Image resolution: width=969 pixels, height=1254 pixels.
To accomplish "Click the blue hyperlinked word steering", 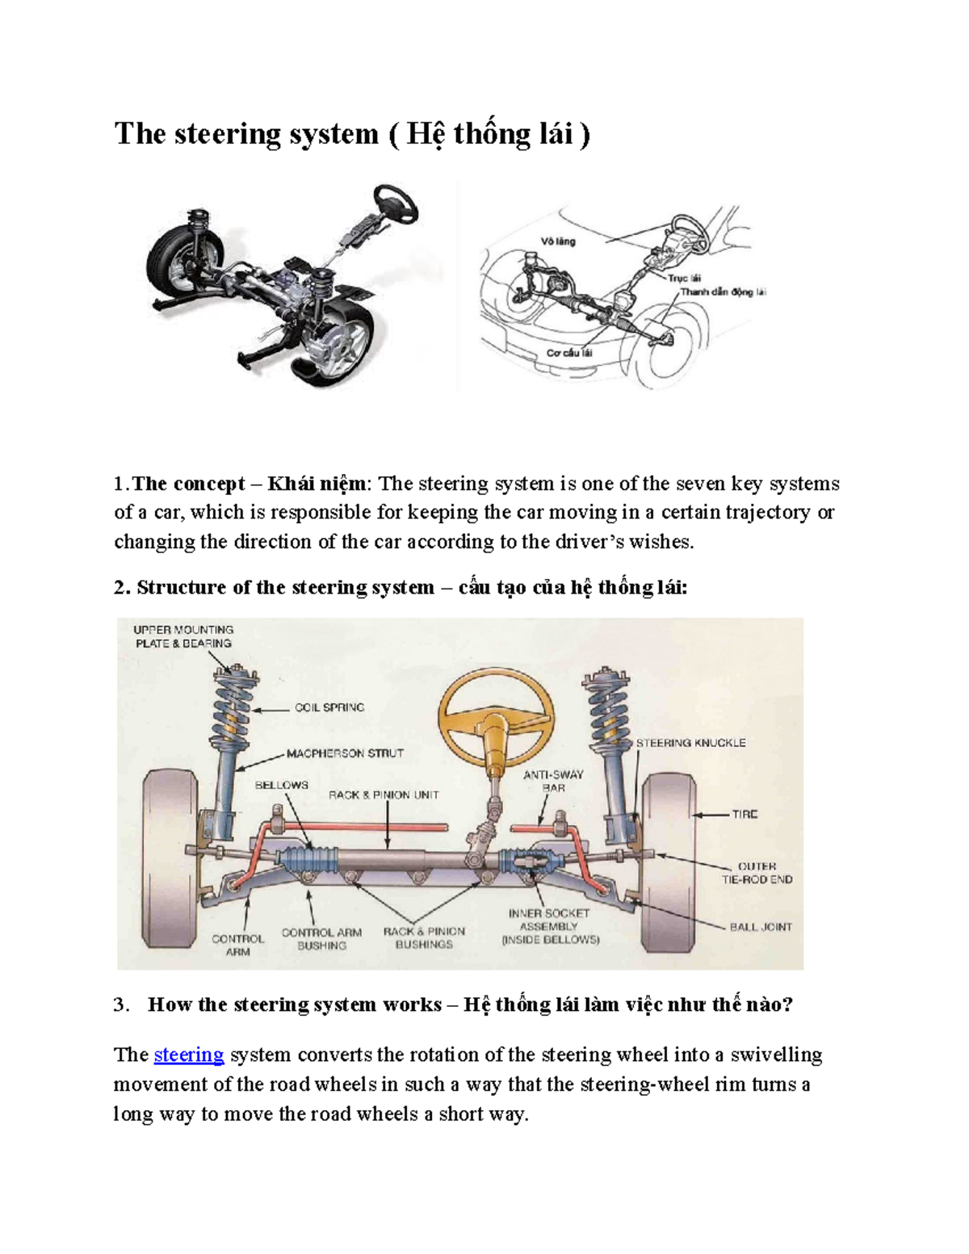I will [188, 1055].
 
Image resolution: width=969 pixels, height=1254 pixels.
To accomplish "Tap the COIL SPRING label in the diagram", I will [329, 707].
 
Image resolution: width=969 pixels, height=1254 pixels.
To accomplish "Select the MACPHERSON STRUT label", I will [345, 753].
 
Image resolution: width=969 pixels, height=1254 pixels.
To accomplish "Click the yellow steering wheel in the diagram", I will [496, 706].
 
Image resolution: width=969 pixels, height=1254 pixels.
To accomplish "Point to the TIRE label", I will [745, 814].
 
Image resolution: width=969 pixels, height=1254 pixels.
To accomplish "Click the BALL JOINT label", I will [761, 927].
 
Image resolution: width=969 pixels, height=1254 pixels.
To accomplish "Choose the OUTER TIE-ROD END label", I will [757, 873].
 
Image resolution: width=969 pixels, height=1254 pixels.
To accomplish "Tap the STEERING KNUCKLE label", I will [690, 743].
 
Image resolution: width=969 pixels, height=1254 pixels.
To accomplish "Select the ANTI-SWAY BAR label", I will [553, 781].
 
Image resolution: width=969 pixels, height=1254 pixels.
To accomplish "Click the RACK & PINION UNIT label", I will [384, 795].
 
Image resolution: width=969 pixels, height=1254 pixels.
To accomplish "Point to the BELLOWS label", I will [281, 785].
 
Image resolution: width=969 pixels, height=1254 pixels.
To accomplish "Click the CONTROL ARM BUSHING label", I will [321, 938].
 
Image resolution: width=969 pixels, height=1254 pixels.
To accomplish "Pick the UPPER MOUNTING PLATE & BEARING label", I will [183, 636].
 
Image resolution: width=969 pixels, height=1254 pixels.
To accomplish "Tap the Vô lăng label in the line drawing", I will [558, 241].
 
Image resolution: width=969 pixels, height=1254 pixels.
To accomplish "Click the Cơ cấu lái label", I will [569, 353].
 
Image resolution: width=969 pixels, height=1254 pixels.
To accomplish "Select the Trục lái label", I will [684, 278].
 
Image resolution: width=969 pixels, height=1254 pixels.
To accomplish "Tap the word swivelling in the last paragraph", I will [776, 1055].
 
